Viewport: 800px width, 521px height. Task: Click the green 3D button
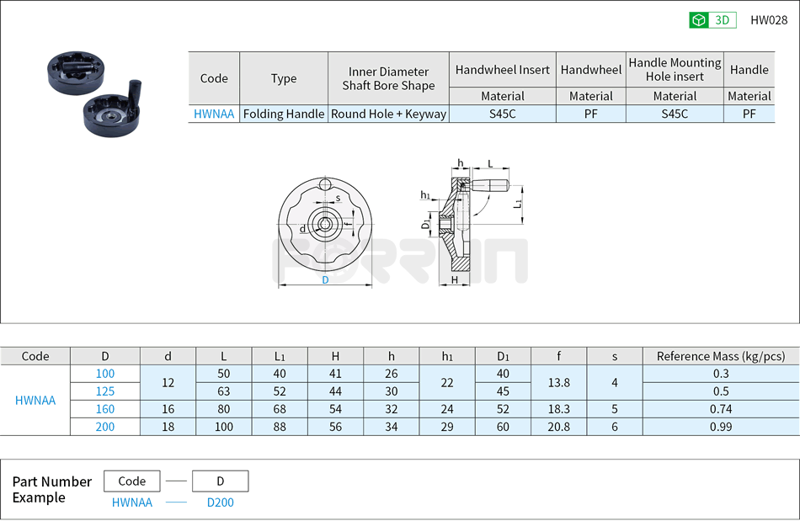(x=712, y=20)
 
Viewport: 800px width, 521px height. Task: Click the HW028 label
(x=768, y=20)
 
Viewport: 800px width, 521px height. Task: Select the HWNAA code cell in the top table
(x=214, y=114)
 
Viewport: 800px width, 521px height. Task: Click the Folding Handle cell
(x=284, y=114)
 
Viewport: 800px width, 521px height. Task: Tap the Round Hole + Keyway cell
(x=388, y=114)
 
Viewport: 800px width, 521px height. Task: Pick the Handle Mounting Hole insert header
(x=675, y=69)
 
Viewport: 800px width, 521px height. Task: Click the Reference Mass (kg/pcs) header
(x=720, y=356)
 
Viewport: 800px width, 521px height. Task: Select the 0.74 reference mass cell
(x=720, y=409)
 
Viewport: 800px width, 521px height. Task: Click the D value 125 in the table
(x=105, y=391)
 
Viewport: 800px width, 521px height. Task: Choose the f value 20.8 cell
(x=558, y=427)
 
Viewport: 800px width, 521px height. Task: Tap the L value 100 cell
(x=223, y=427)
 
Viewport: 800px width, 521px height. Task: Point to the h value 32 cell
(x=391, y=409)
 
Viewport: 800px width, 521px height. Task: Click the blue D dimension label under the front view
(x=325, y=280)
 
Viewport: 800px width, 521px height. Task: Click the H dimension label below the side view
(x=455, y=279)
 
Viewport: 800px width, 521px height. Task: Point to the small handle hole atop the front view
(x=325, y=185)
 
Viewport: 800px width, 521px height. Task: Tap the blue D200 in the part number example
(x=220, y=502)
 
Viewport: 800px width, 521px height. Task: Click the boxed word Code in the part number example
(x=131, y=481)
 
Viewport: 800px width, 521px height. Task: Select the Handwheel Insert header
(x=502, y=70)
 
